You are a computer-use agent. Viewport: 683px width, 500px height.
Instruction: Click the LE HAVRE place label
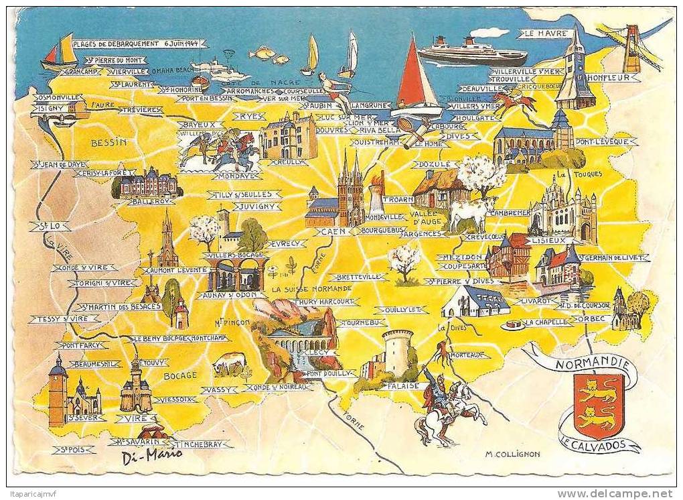[544, 34]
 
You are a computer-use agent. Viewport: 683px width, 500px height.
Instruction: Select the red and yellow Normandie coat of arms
[599, 405]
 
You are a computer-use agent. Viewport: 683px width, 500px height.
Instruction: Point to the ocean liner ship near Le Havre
[471, 52]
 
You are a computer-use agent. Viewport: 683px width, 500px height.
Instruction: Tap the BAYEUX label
[200, 125]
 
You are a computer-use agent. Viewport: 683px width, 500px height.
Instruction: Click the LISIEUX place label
[548, 240]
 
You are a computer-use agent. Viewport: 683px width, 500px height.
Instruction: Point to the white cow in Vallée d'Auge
[471, 212]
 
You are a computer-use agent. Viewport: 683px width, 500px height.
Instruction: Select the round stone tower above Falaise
[396, 352]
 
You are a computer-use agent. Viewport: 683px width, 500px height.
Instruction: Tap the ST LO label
[50, 227]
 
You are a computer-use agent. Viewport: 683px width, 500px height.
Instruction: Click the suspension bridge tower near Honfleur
[631, 48]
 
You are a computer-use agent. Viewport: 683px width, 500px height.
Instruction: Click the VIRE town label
[136, 418]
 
